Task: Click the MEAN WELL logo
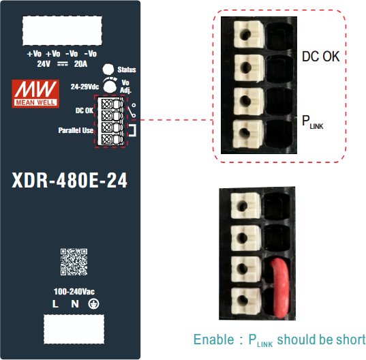tap(35, 93)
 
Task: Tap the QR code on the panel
tap(74, 262)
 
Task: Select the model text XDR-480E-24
tap(70, 180)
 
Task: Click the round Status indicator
tap(108, 70)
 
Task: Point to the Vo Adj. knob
tap(110, 86)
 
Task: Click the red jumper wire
tap(280, 288)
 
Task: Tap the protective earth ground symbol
tap(93, 304)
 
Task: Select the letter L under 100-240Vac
tap(55, 304)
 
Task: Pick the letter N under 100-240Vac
tap(75, 304)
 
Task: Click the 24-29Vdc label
tap(85, 87)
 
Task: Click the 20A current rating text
tap(80, 63)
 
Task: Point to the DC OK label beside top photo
tap(321, 57)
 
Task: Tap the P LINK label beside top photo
tap(312, 122)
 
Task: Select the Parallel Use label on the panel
tap(76, 130)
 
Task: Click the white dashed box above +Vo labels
tap(62, 31)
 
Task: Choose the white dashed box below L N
tap(74, 329)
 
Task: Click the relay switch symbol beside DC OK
tap(132, 110)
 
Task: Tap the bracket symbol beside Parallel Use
tap(133, 130)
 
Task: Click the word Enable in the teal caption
tap(213, 340)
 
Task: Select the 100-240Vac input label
tap(74, 292)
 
